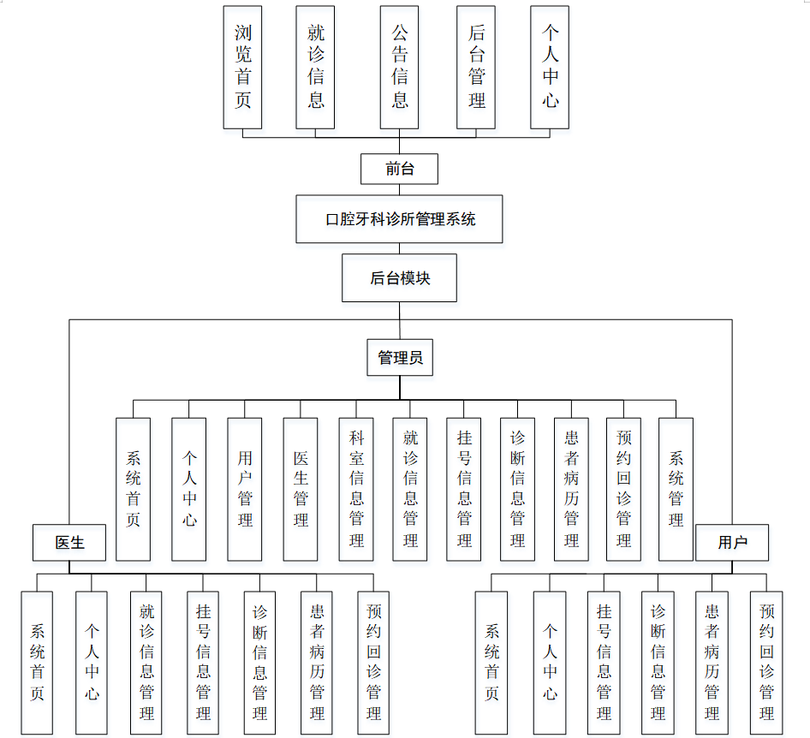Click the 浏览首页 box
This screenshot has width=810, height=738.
coord(242,68)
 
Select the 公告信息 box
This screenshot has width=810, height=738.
coord(400,68)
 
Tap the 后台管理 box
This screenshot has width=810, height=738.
coord(476,68)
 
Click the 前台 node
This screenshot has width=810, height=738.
coord(399,170)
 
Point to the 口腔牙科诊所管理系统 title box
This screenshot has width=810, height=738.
coord(399,219)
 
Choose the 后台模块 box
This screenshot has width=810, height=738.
coord(399,277)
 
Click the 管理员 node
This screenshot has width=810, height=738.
coord(399,358)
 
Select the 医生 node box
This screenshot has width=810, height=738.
coord(69,543)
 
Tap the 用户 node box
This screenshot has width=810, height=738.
coord(732,543)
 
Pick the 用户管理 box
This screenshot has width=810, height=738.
coord(245,489)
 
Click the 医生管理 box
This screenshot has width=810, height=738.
coord(301,489)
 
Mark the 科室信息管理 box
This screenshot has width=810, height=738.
coord(356,489)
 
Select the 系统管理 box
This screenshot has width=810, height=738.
coord(676,489)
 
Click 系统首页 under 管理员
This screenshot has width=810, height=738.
coord(133,489)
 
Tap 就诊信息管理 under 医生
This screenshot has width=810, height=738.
coord(146,663)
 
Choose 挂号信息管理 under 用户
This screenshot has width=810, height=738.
coord(604,663)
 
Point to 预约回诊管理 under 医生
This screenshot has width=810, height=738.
coord(373,663)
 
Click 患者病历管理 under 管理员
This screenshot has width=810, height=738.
coord(571,489)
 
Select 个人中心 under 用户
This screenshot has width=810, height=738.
coord(549,663)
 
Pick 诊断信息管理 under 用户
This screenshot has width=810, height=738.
coord(658,663)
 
